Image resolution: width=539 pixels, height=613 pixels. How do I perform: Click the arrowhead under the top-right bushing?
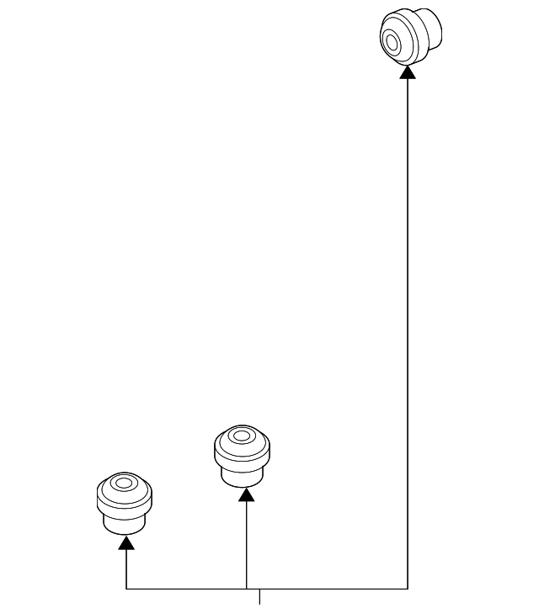(x=408, y=72)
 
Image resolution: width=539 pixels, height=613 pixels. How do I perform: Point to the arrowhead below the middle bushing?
(x=246, y=494)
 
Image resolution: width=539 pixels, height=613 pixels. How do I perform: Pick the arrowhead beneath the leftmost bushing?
(x=126, y=542)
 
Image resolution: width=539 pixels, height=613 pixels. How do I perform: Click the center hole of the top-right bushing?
(x=392, y=40)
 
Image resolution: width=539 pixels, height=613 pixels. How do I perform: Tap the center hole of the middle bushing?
(x=243, y=436)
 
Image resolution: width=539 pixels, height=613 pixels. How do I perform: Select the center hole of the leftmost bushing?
(x=125, y=484)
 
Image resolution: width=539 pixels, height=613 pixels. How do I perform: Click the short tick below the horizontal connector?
(x=259, y=596)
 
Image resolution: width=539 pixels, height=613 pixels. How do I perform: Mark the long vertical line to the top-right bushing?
(x=408, y=336)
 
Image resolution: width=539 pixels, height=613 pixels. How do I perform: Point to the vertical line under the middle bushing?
(x=246, y=547)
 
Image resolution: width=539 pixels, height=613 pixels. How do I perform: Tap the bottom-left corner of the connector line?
(x=126, y=589)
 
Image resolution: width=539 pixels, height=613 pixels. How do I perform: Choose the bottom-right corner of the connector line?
(x=408, y=589)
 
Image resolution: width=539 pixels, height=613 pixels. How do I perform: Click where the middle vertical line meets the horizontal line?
(x=246, y=589)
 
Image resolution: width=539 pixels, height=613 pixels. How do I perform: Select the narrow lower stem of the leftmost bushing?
(x=125, y=523)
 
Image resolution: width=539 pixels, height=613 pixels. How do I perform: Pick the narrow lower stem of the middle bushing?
(x=243, y=476)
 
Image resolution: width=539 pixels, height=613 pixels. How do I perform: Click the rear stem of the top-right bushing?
(x=430, y=29)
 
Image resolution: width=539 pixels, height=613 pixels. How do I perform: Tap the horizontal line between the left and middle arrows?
(x=185, y=589)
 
